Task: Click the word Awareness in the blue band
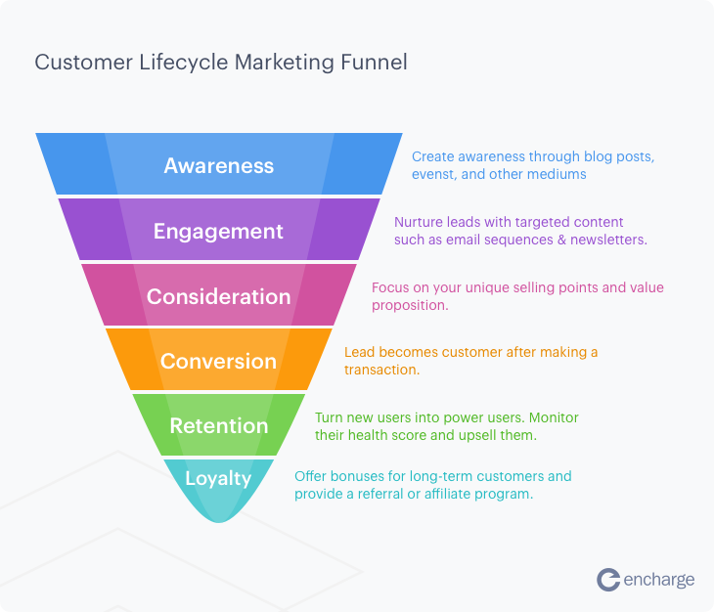218,165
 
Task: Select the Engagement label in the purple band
218,232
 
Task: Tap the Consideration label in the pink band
218,296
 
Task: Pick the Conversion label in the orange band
218,361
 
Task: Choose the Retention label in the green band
218,426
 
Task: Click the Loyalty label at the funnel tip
218,479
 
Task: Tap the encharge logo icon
608,580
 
